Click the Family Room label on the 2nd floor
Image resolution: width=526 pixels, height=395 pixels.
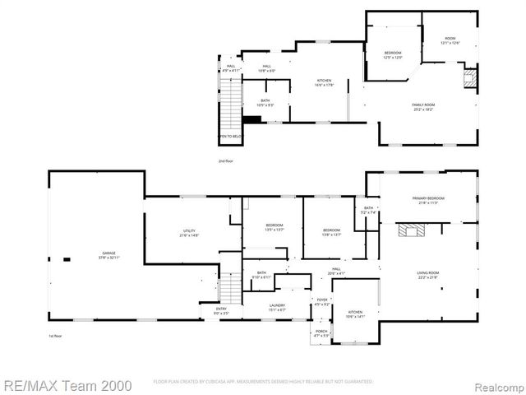(x=422, y=107)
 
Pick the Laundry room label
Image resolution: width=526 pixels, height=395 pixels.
(x=277, y=307)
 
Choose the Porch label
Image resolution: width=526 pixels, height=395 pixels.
(x=321, y=333)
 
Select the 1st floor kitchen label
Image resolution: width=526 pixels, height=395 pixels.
(x=355, y=314)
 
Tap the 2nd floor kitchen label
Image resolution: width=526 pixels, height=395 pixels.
(x=325, y=81)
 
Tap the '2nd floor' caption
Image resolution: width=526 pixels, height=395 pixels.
(x=226, y=160)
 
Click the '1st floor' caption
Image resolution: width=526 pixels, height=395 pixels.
(x=55, y=336)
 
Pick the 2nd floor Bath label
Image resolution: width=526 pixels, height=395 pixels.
(x=265, y=103)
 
